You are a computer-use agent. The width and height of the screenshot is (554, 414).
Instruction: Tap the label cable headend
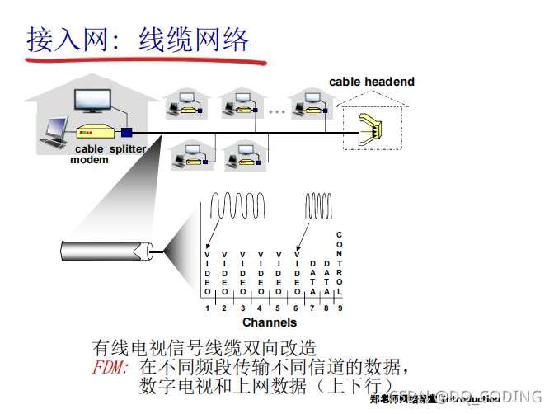[372, 82]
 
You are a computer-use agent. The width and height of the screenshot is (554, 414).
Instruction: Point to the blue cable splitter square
[127, 132]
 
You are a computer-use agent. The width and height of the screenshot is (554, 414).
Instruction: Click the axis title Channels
[270, 322]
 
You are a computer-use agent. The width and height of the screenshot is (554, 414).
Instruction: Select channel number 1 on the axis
[208, 308]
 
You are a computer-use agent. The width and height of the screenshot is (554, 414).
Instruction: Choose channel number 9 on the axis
[339, 308]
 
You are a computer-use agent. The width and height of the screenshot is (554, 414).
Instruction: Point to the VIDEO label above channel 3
[242, 273]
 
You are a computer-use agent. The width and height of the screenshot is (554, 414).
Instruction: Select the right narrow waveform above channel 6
[318, 205]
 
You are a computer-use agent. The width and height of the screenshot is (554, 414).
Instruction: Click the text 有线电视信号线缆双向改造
[204, 347]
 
